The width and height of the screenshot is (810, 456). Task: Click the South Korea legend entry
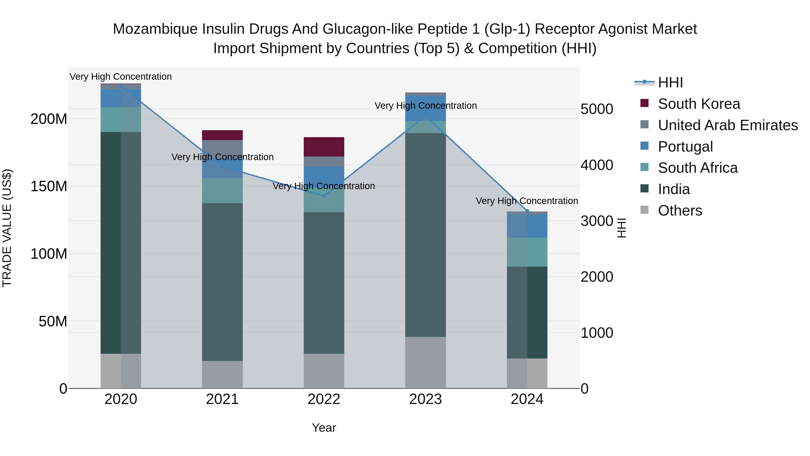click(699, 104)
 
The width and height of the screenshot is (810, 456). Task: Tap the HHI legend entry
click(670, 82)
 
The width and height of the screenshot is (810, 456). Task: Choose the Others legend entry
click(680, 211)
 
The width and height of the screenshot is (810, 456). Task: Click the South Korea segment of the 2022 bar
click(324, 147)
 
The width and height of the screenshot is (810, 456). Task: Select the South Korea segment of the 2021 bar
click(222, 135)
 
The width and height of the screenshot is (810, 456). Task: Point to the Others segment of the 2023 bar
click(425, 362)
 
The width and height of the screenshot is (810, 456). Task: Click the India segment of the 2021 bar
click(222, 282)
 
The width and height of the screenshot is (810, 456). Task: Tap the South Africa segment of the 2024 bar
click(527, 252)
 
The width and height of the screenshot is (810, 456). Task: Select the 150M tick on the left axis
click(49, 186)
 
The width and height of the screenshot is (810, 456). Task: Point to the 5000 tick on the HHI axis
click(596, 109)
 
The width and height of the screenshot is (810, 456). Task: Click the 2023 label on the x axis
click(425, 399)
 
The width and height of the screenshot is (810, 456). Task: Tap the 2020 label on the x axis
click(121, 399)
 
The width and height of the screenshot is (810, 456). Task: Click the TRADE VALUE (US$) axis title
click(7, 228)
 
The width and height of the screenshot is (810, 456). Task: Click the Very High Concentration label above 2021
click(222, 157)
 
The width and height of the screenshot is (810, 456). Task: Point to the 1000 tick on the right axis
click(596, 333)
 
